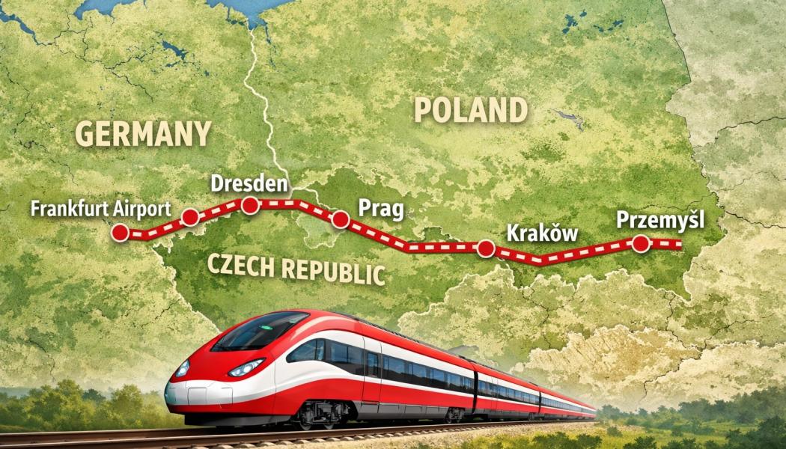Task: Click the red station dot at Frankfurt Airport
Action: coord(119,233)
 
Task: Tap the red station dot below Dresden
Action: coord(250,204)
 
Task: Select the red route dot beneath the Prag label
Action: coord(341,219)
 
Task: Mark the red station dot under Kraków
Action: coord(486,248)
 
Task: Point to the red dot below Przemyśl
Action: coord(641,243)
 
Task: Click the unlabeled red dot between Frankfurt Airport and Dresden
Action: coord(190,217)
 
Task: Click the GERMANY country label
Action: coord(143,134)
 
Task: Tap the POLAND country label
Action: coord(469,111)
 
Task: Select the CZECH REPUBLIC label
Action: coord(295,269)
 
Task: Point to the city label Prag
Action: coord(381,207)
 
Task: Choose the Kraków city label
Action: coord(543,232)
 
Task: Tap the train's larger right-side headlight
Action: coord(246,367)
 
